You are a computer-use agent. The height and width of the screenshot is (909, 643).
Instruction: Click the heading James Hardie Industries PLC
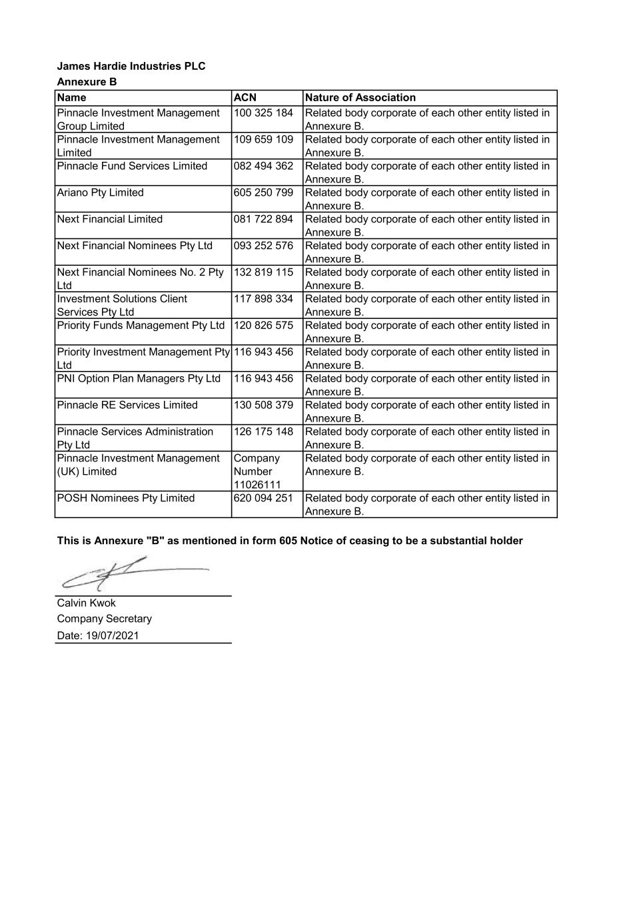point(131,66)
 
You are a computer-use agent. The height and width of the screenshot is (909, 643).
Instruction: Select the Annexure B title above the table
point(87,82)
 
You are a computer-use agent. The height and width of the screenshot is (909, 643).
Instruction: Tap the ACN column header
point(245,98)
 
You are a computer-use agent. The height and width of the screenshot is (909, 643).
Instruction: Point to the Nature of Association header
point(360,98)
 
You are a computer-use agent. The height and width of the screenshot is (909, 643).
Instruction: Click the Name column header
point(72,98)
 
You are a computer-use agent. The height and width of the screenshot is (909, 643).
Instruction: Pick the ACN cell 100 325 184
point(263,113)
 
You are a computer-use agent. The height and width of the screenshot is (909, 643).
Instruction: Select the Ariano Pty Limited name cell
point(101,192)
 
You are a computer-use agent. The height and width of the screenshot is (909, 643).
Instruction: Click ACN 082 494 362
point(263,166)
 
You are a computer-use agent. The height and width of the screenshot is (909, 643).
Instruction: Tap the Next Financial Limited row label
point(110,219)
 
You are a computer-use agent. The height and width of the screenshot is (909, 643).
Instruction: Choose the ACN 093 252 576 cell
point(263,246)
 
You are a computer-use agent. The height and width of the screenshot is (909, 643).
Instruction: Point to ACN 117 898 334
point(263,299)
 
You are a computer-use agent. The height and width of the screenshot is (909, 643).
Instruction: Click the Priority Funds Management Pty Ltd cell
point(141,326)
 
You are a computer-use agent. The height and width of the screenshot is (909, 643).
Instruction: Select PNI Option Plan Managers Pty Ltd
point(139,379)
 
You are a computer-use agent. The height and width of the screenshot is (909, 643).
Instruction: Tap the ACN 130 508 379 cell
point(263,405)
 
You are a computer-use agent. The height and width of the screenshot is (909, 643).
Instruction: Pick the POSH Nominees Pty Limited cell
point(126,498)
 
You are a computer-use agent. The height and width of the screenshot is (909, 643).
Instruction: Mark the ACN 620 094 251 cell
point(263,498)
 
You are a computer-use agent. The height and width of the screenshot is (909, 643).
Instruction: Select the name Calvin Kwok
point(87,603)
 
